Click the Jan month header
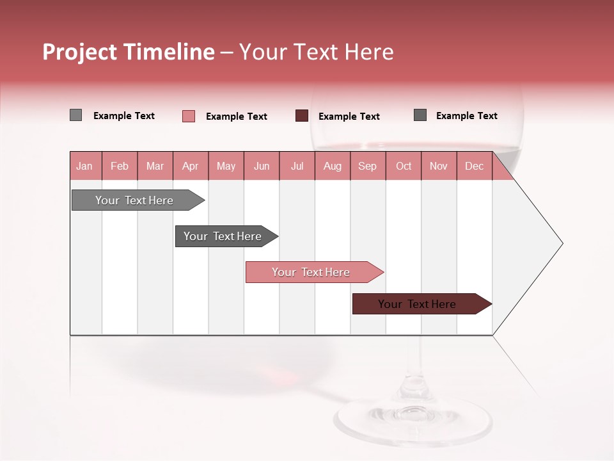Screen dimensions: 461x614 [84, 166]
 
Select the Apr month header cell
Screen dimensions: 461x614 [190, 166]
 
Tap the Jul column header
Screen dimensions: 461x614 [297, 166]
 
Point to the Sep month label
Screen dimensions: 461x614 [367, 166]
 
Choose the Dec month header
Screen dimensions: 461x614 [474, 166]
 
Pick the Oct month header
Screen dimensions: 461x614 [404, 166]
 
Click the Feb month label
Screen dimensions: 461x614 [120, 166]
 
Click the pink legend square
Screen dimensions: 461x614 [189, 116]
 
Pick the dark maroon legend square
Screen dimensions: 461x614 [302, 116]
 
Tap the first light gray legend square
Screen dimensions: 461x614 [75, 115]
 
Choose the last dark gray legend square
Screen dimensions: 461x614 [420, 115]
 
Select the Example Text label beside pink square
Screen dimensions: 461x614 [236, 117]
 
